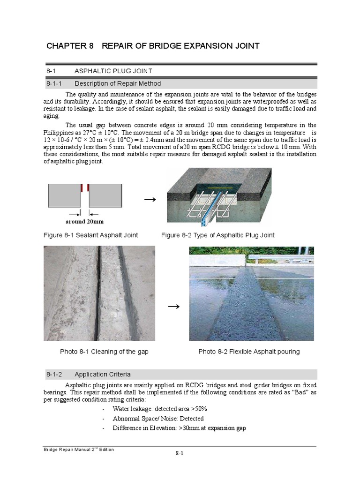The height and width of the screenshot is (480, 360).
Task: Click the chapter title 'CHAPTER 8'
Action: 70,45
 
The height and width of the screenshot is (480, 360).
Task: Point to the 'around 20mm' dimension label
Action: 84,221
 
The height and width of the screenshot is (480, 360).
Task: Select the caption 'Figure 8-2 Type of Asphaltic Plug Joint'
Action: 217,235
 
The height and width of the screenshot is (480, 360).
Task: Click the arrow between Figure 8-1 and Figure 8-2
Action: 150,199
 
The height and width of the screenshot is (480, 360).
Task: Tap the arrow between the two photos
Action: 173,307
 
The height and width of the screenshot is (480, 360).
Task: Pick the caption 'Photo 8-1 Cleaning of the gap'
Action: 104,352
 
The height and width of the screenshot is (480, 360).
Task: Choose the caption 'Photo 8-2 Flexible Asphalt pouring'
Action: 249,352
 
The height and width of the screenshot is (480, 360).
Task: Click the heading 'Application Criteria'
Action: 103,374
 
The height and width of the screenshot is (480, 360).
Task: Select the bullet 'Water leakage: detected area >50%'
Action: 159,409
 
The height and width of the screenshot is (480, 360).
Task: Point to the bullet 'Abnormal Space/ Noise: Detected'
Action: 158,419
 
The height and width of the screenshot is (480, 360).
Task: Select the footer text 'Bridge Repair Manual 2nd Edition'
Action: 78,450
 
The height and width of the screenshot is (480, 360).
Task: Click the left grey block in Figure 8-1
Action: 64,195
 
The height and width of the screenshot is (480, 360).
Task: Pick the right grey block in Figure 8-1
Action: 105,195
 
